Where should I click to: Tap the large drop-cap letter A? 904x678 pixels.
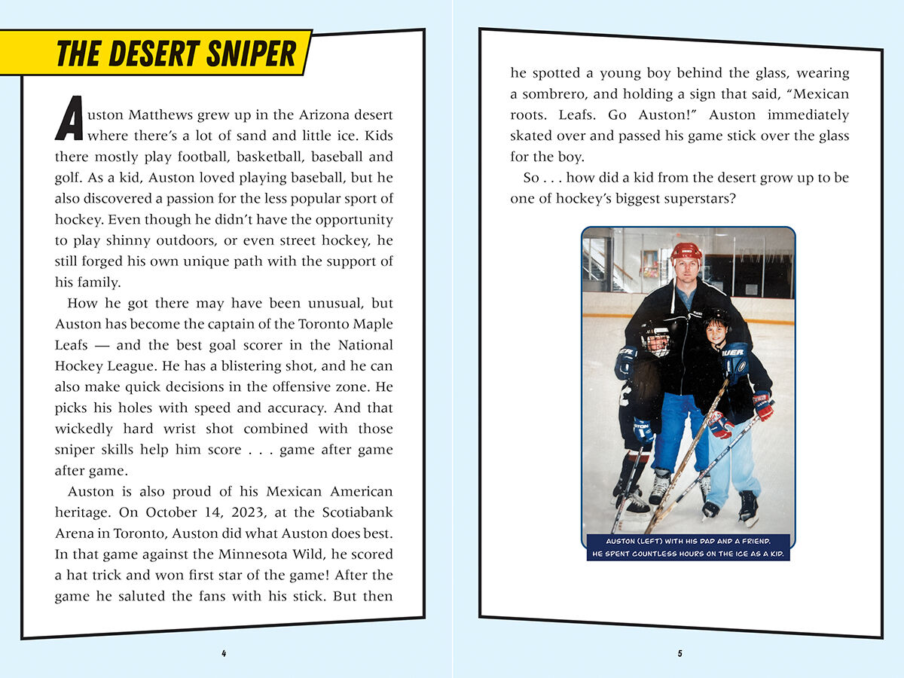coord(69,119)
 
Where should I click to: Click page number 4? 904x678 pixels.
coord(224,653)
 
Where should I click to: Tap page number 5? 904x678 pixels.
coord(680,653)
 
